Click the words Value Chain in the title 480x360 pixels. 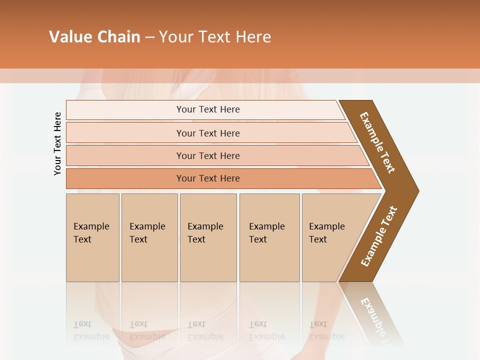[x=94, y=37]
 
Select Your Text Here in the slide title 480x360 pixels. [x=215, y=37]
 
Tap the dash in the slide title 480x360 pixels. [x=149, y=37]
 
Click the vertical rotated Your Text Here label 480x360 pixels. [x=57, y=143]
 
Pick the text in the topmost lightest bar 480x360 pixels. [x=208, y=109]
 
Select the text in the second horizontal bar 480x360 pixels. [x=208, y=133]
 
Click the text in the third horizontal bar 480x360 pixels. [x=208, y=156]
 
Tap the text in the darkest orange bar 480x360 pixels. [x=208, y=178]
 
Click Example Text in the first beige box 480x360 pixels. [x=91, y=233]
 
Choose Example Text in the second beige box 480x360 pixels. [x=147, y=233]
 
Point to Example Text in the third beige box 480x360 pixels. [x=205, y=233]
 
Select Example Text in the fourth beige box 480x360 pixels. [x=266, y=233]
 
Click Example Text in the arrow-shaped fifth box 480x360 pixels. [x=326, y=233]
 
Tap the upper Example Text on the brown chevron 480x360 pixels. [x=377, y=142]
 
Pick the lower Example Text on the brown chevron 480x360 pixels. [x=378, y=236]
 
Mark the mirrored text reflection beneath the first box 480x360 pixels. [x=91, y=330]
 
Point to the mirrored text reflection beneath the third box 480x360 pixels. [x=205, y=330]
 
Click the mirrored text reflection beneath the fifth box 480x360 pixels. [x=326, y=330]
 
